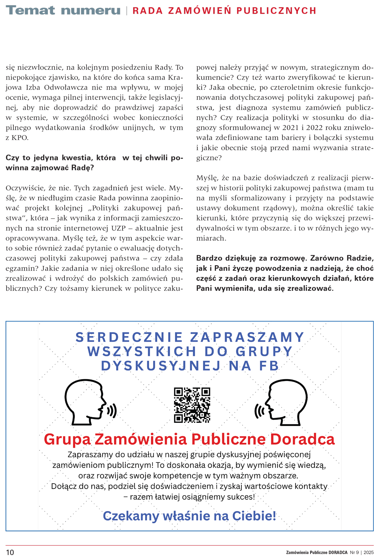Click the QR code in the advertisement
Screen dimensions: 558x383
tap(192, 405)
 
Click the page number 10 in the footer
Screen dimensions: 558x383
tap(10, 552)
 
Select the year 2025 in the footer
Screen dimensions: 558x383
tap(368, 552)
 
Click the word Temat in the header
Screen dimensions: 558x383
tap(30, 10)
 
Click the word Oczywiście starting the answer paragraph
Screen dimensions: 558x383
tap(25, 188)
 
